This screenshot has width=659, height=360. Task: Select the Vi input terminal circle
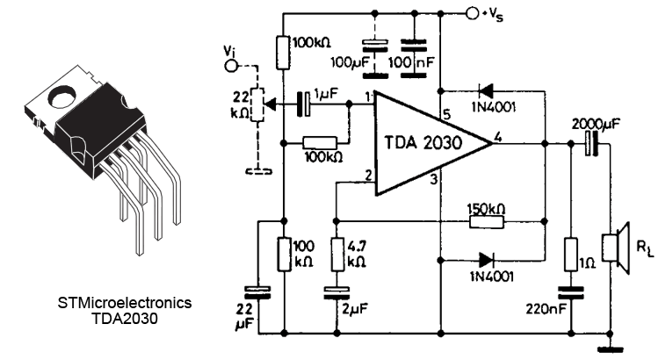click(232, 64)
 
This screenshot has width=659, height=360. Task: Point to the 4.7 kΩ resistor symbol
click(337, 256)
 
